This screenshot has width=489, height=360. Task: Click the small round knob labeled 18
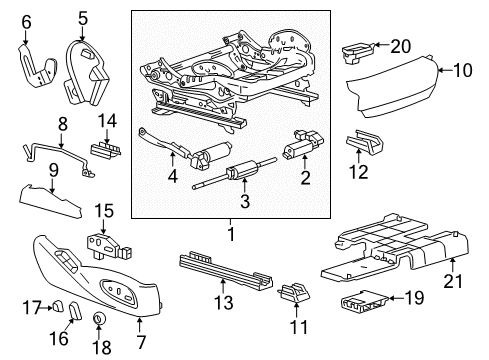(x=99, y=320)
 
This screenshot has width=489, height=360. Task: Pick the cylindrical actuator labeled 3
(x=238, y=175)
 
